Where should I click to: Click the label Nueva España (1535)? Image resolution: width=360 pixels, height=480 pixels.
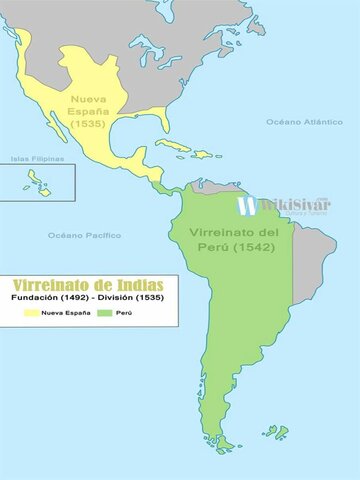point(90,110)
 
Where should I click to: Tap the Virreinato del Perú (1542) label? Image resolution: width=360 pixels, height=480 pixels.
point(227,239)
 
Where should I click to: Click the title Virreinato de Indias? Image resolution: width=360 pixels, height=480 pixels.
point(88,285)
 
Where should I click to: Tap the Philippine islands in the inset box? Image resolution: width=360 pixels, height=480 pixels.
point(38,183)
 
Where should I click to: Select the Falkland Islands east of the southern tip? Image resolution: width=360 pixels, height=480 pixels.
point(278,432)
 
